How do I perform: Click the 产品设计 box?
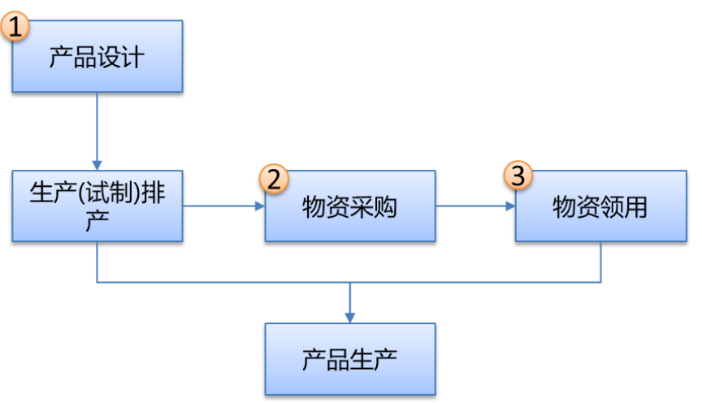[x=97, y=57]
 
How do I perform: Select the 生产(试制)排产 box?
[x=97, y=206]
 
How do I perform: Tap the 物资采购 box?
[x=349, y=206]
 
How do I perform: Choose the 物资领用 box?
[x=600, y=206]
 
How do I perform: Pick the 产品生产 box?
[x=349, y=358]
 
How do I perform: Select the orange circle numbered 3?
[x=520, y=175]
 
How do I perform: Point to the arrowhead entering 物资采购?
[x=260, y=206]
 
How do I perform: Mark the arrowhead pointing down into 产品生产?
[x=349, y=317]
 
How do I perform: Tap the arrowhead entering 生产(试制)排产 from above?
[x=97, y=165]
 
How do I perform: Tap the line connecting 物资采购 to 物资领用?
[x=471, y=206]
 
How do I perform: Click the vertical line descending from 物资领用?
[x=600, y=262]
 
